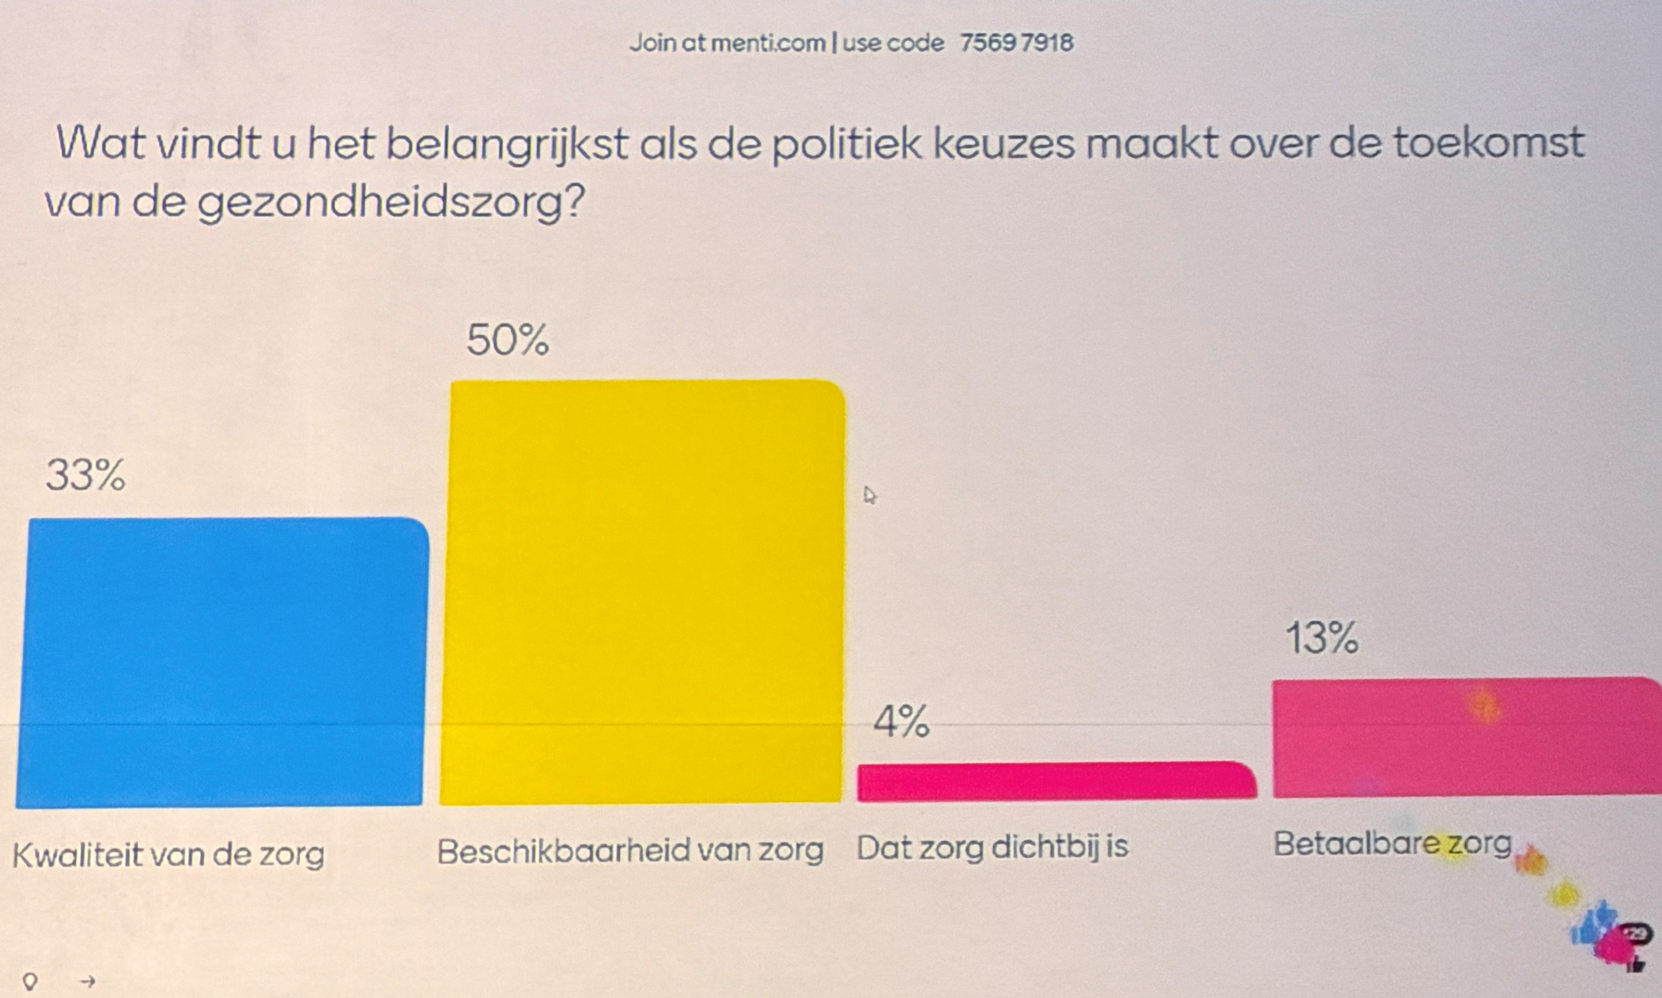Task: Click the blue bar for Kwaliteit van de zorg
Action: coord(222,662)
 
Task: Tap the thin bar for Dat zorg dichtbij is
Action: coord(1056,782)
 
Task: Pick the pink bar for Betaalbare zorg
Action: coord(1465,738)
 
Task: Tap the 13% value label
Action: coord(1321,638)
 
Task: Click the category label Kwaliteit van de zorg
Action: coord(168,855)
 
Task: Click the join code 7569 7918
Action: coord(1016,43)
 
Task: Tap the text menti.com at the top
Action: coord(767,44)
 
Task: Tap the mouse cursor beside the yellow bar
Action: coord(870,496)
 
